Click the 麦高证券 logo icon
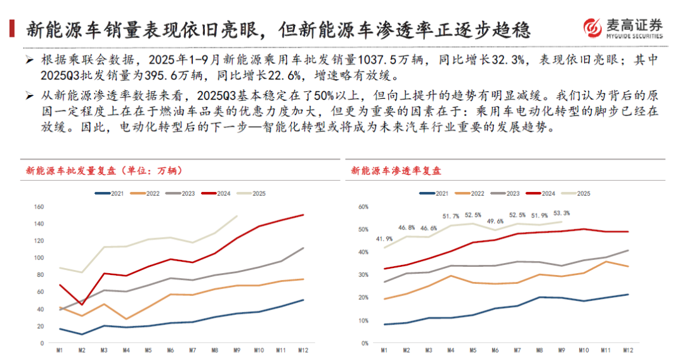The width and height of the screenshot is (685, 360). point(592,28)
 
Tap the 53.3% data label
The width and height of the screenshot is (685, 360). point(561,214)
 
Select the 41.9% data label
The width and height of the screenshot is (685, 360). point(384,239)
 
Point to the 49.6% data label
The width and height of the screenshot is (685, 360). point(495,221)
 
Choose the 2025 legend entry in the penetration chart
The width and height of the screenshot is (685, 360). point(576,193)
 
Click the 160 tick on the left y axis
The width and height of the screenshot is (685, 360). point(39,207)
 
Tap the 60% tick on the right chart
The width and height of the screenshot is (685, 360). point(363,207)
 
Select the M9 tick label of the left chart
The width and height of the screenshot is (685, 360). point(237,350)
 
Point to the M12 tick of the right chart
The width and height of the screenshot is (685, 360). point(628,350)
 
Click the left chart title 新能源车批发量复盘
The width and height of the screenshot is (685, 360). point(71,170)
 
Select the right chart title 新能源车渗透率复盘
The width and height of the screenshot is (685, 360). point(396,170)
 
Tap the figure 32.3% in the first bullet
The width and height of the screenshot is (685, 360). point(509,60)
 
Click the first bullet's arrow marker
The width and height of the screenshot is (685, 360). point(29,60)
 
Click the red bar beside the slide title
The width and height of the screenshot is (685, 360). point(12,29)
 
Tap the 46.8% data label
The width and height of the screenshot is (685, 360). point(407,228)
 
